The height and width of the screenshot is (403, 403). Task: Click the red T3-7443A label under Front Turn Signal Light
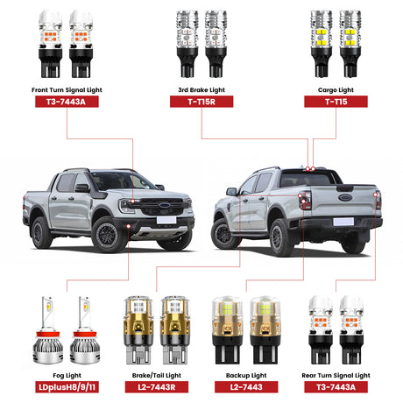tap(67, 102)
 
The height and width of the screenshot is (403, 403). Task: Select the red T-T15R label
tap(201, 102)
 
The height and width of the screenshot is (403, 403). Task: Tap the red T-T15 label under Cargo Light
tap(336, 102)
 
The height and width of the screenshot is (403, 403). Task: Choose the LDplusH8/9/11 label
tap(67, 387)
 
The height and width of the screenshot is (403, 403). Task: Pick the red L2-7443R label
tap(157, 387)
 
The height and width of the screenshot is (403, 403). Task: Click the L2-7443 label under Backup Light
tap(246, 387)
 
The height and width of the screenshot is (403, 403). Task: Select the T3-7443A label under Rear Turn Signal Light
tap(336, 387)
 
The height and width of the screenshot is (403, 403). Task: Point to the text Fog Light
tap(67, 376)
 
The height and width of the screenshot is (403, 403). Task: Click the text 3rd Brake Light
tap(201, 90)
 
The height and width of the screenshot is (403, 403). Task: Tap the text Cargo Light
tap(336, 90)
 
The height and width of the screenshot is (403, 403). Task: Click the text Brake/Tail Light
tap(157, 376)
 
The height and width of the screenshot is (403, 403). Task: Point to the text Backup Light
tap(246, 376)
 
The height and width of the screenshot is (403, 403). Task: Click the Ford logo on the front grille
tap(165, 205)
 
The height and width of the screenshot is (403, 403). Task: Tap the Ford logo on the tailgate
tap(345, 197)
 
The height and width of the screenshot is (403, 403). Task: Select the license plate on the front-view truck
tap(166, 220)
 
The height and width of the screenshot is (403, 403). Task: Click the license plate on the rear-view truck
tap(343, 222)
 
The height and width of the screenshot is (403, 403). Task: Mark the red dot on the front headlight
tap(133, 201)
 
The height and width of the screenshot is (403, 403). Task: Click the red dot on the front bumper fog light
tap(129, 226)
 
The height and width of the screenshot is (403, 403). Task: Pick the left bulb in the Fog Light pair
tap(48, 330)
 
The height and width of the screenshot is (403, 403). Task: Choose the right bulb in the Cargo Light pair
tap(350, 44)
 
